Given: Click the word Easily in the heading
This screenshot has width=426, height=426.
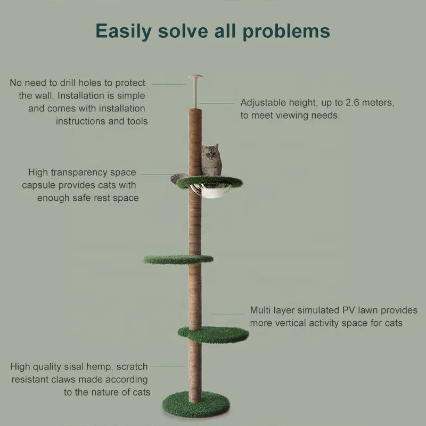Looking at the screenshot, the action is [x=124, y=31].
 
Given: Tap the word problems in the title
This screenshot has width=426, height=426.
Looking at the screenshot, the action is [x=286, y=31].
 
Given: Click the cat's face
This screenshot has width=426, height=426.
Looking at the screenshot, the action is [x=210, y=154].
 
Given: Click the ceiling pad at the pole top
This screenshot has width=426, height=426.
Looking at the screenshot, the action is [x=195, y=77].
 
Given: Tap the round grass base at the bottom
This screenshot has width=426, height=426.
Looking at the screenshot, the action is [x=196, y=404].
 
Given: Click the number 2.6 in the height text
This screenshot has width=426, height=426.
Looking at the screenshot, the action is [x=353, y=103].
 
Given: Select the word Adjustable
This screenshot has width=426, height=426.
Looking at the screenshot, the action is [x=263, y=103].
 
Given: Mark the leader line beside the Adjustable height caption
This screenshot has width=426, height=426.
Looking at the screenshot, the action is [x=217, y=103].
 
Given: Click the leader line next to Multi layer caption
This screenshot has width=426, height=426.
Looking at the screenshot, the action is [x=228, y=314].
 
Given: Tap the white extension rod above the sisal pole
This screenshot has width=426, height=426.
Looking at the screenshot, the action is [x=195, y=94].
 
